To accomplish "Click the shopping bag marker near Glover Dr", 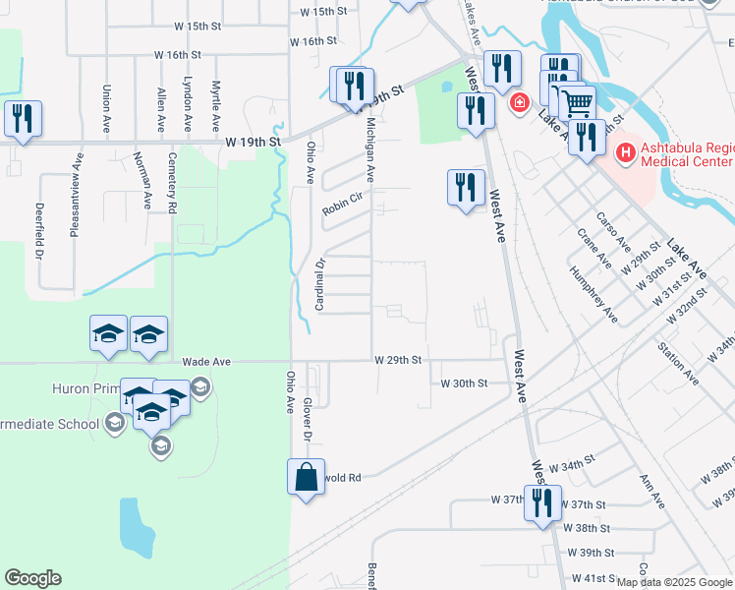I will pos(307,478).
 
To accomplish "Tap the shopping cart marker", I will pos(577,101).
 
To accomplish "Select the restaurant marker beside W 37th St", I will pos(542,503).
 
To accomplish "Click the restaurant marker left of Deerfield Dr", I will pos(22,119).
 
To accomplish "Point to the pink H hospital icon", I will pos(624,153).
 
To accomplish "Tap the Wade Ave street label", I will pos(206,362).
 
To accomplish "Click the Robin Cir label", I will pos(343,210).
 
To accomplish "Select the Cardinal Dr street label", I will pos(318,285).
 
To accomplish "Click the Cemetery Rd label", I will pos(172,183).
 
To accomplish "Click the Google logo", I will pos(32,578).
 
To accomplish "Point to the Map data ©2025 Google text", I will pos(673,582).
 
